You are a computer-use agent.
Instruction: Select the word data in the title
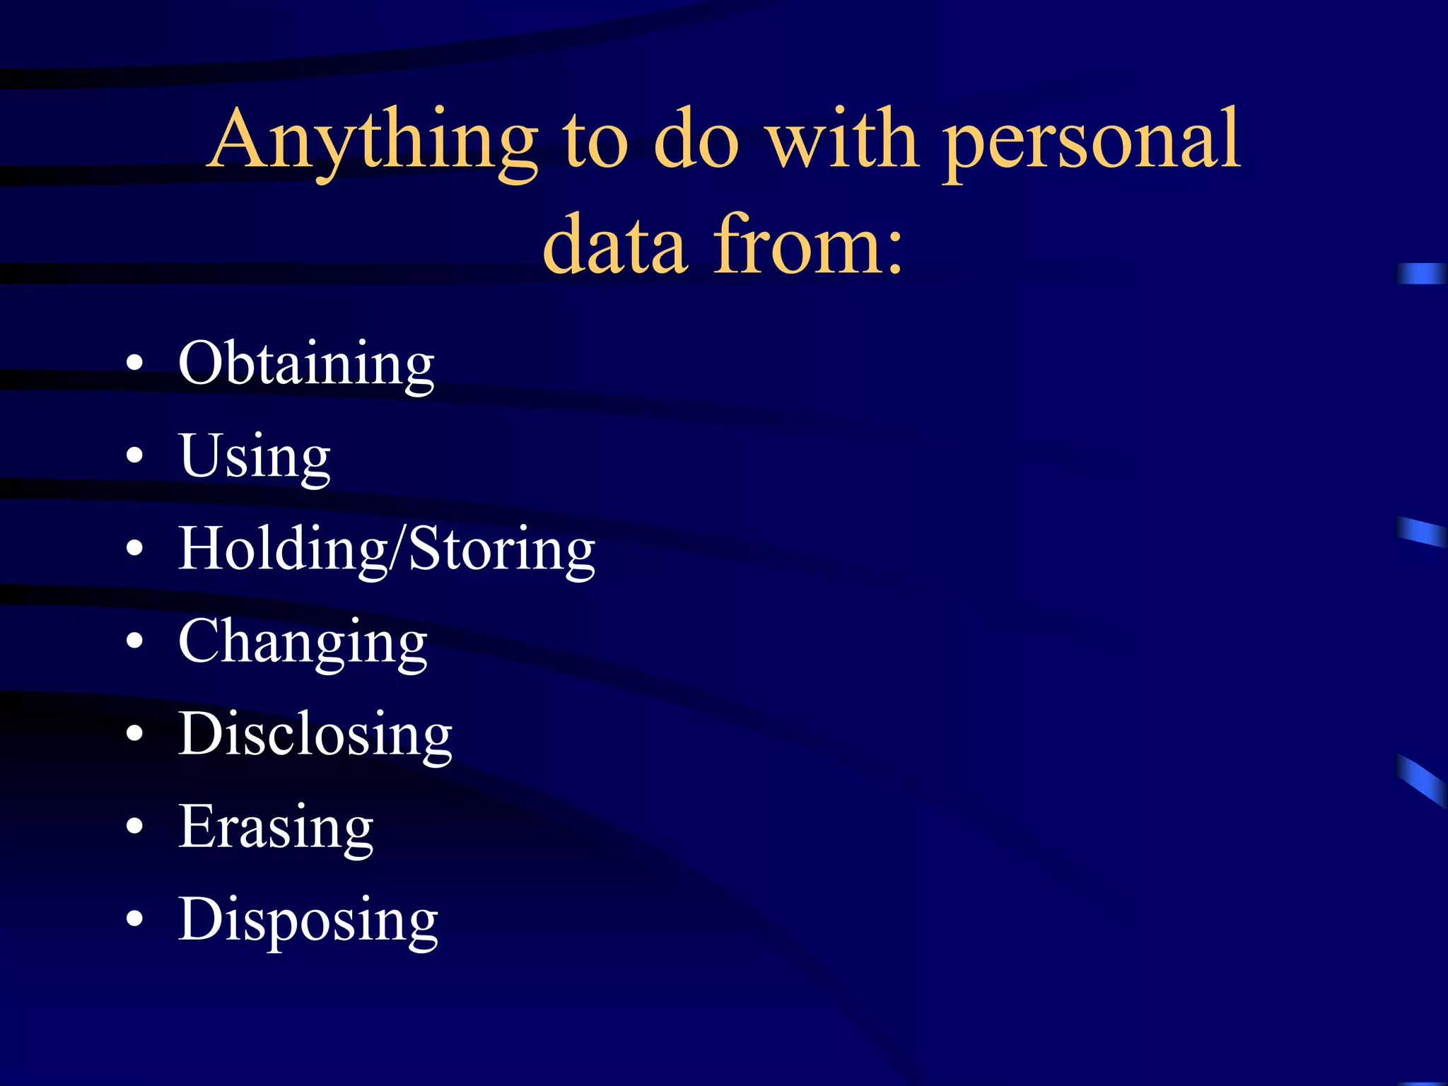point(615,244)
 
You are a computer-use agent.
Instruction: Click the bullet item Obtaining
point(306,364)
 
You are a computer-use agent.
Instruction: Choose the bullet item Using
point(255,457)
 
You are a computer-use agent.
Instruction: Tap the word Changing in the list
point(303,642)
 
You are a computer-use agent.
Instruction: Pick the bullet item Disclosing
point(315,735)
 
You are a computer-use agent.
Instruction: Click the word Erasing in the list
point(276,827)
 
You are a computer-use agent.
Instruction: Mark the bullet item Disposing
point(308,920)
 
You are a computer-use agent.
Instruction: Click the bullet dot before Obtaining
point(134,364)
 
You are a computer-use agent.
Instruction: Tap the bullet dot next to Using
point(134,456)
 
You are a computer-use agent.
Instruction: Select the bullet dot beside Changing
point(134,641)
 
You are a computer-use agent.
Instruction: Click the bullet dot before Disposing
point(134,918)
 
